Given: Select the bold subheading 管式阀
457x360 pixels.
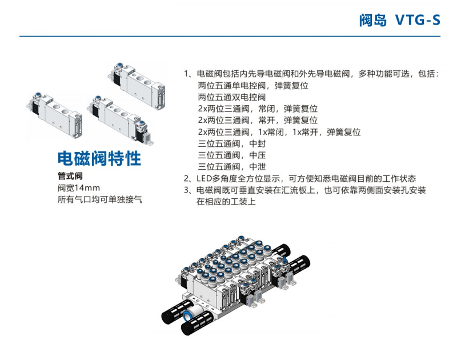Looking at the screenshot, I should click(71, 176).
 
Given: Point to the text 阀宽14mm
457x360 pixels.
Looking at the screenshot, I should click(79, 188).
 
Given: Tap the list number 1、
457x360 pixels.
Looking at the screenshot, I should click(189, 74).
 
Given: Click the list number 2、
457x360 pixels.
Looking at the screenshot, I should click(189, 178).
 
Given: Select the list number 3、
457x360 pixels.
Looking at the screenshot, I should click(189, 190).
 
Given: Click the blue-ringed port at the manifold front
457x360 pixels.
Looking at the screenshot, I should click(188, 317).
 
